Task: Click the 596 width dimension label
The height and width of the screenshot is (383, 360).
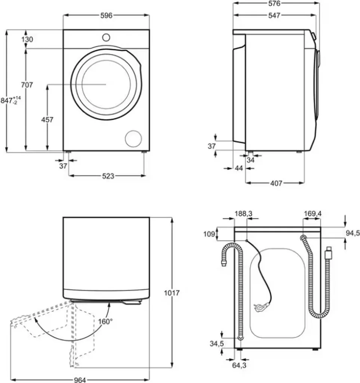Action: (107, 15)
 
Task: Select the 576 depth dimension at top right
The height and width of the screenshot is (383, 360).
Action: (274, 4)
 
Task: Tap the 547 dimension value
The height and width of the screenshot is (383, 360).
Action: (274, 16)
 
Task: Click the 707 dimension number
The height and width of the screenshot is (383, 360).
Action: (27, 85)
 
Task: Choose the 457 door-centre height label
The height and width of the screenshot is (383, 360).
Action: (47, 120)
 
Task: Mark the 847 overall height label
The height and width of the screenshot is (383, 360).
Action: (10, 101)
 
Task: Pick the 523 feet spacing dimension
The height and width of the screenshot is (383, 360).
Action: (108, 176)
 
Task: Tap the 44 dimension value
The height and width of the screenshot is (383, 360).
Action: (239, 169)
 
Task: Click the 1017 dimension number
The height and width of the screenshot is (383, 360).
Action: (172, 293)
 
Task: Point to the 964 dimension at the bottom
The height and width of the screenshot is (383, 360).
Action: (79, 380)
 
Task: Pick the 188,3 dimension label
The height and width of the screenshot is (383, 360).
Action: (243, 214)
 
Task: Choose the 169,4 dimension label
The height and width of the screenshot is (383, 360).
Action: (313, 214)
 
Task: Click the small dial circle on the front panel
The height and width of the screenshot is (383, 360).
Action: (106, 37)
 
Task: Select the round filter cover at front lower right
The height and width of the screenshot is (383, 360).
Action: (133, 139)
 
